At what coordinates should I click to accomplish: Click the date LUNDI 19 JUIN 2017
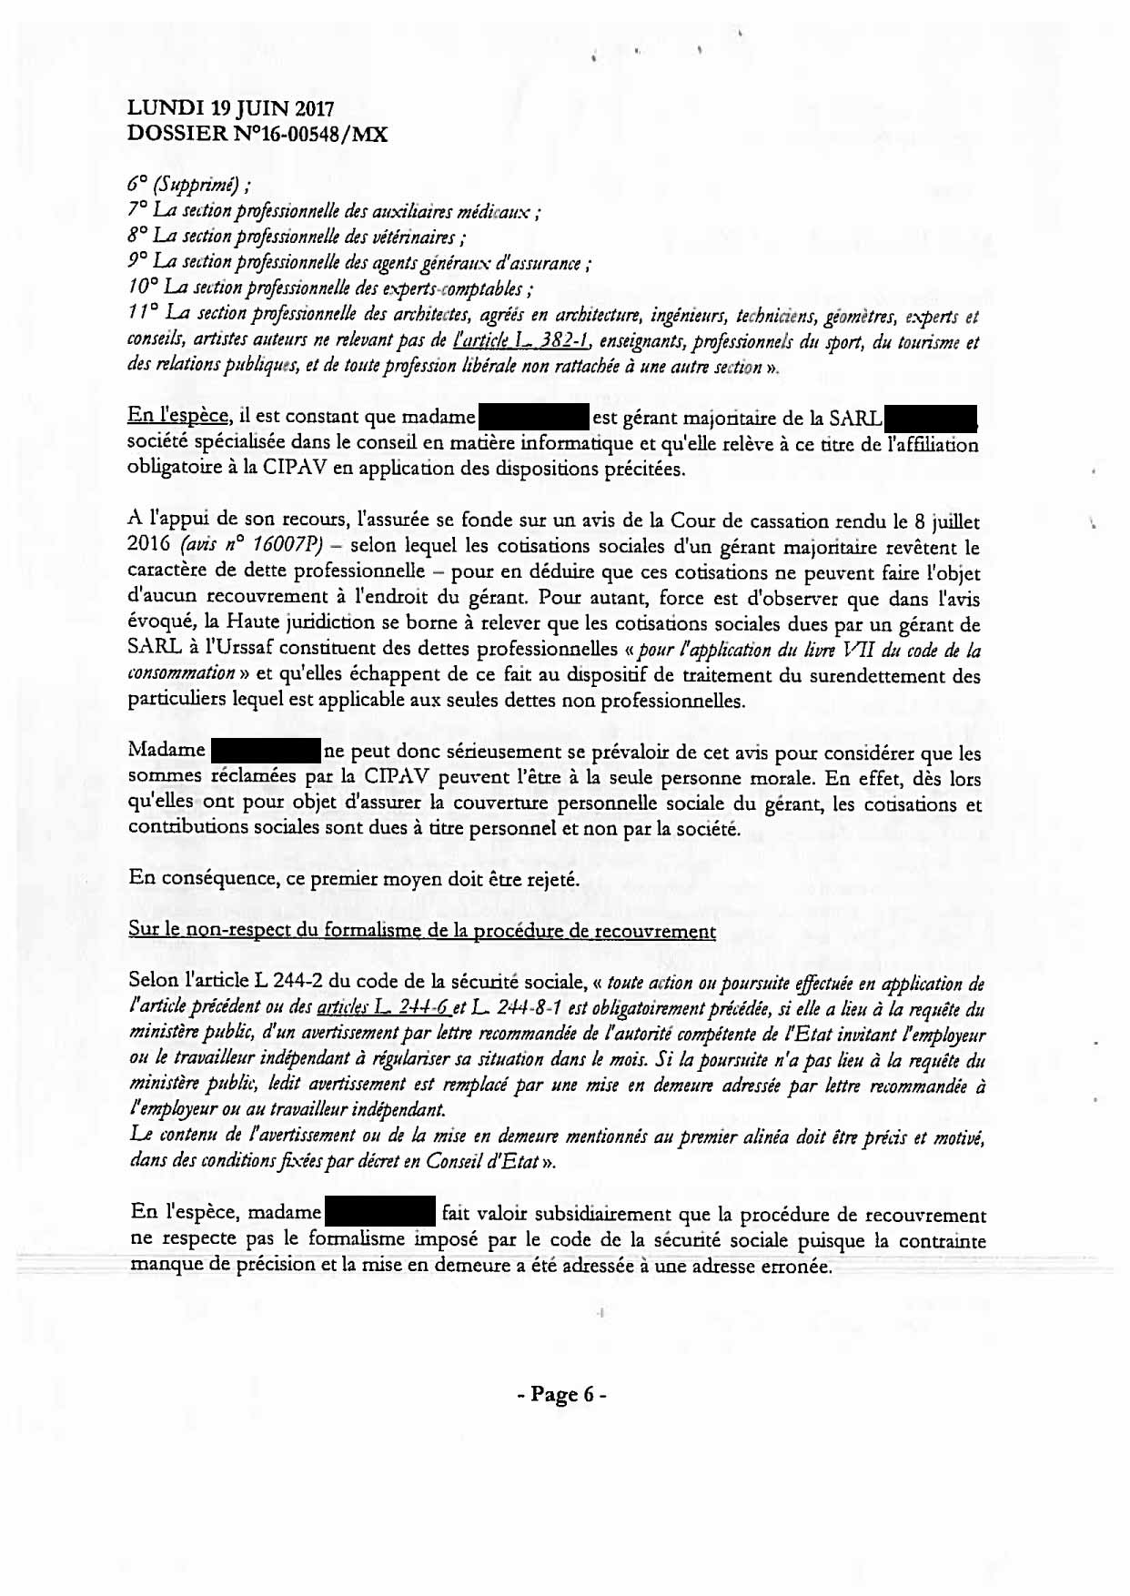(231, 109)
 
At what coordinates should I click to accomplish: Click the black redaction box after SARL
(930, 419)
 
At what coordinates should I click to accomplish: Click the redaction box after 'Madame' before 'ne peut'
(265, 753)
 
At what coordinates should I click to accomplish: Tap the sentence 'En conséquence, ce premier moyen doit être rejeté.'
(354, 879)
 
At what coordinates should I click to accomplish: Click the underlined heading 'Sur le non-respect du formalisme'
(422, 932)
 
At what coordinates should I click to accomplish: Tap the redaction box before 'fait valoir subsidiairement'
(379, 1215)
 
